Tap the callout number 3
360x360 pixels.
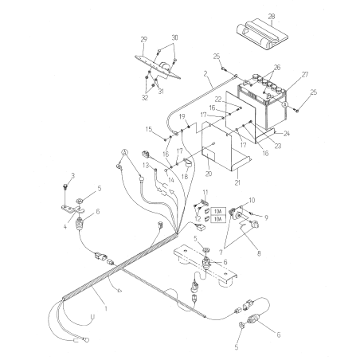(72, 175)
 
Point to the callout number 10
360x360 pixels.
(252, 200)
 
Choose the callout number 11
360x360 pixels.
(205, 193)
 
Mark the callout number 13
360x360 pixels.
(147, 165)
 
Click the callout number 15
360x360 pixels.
(148, 129)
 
